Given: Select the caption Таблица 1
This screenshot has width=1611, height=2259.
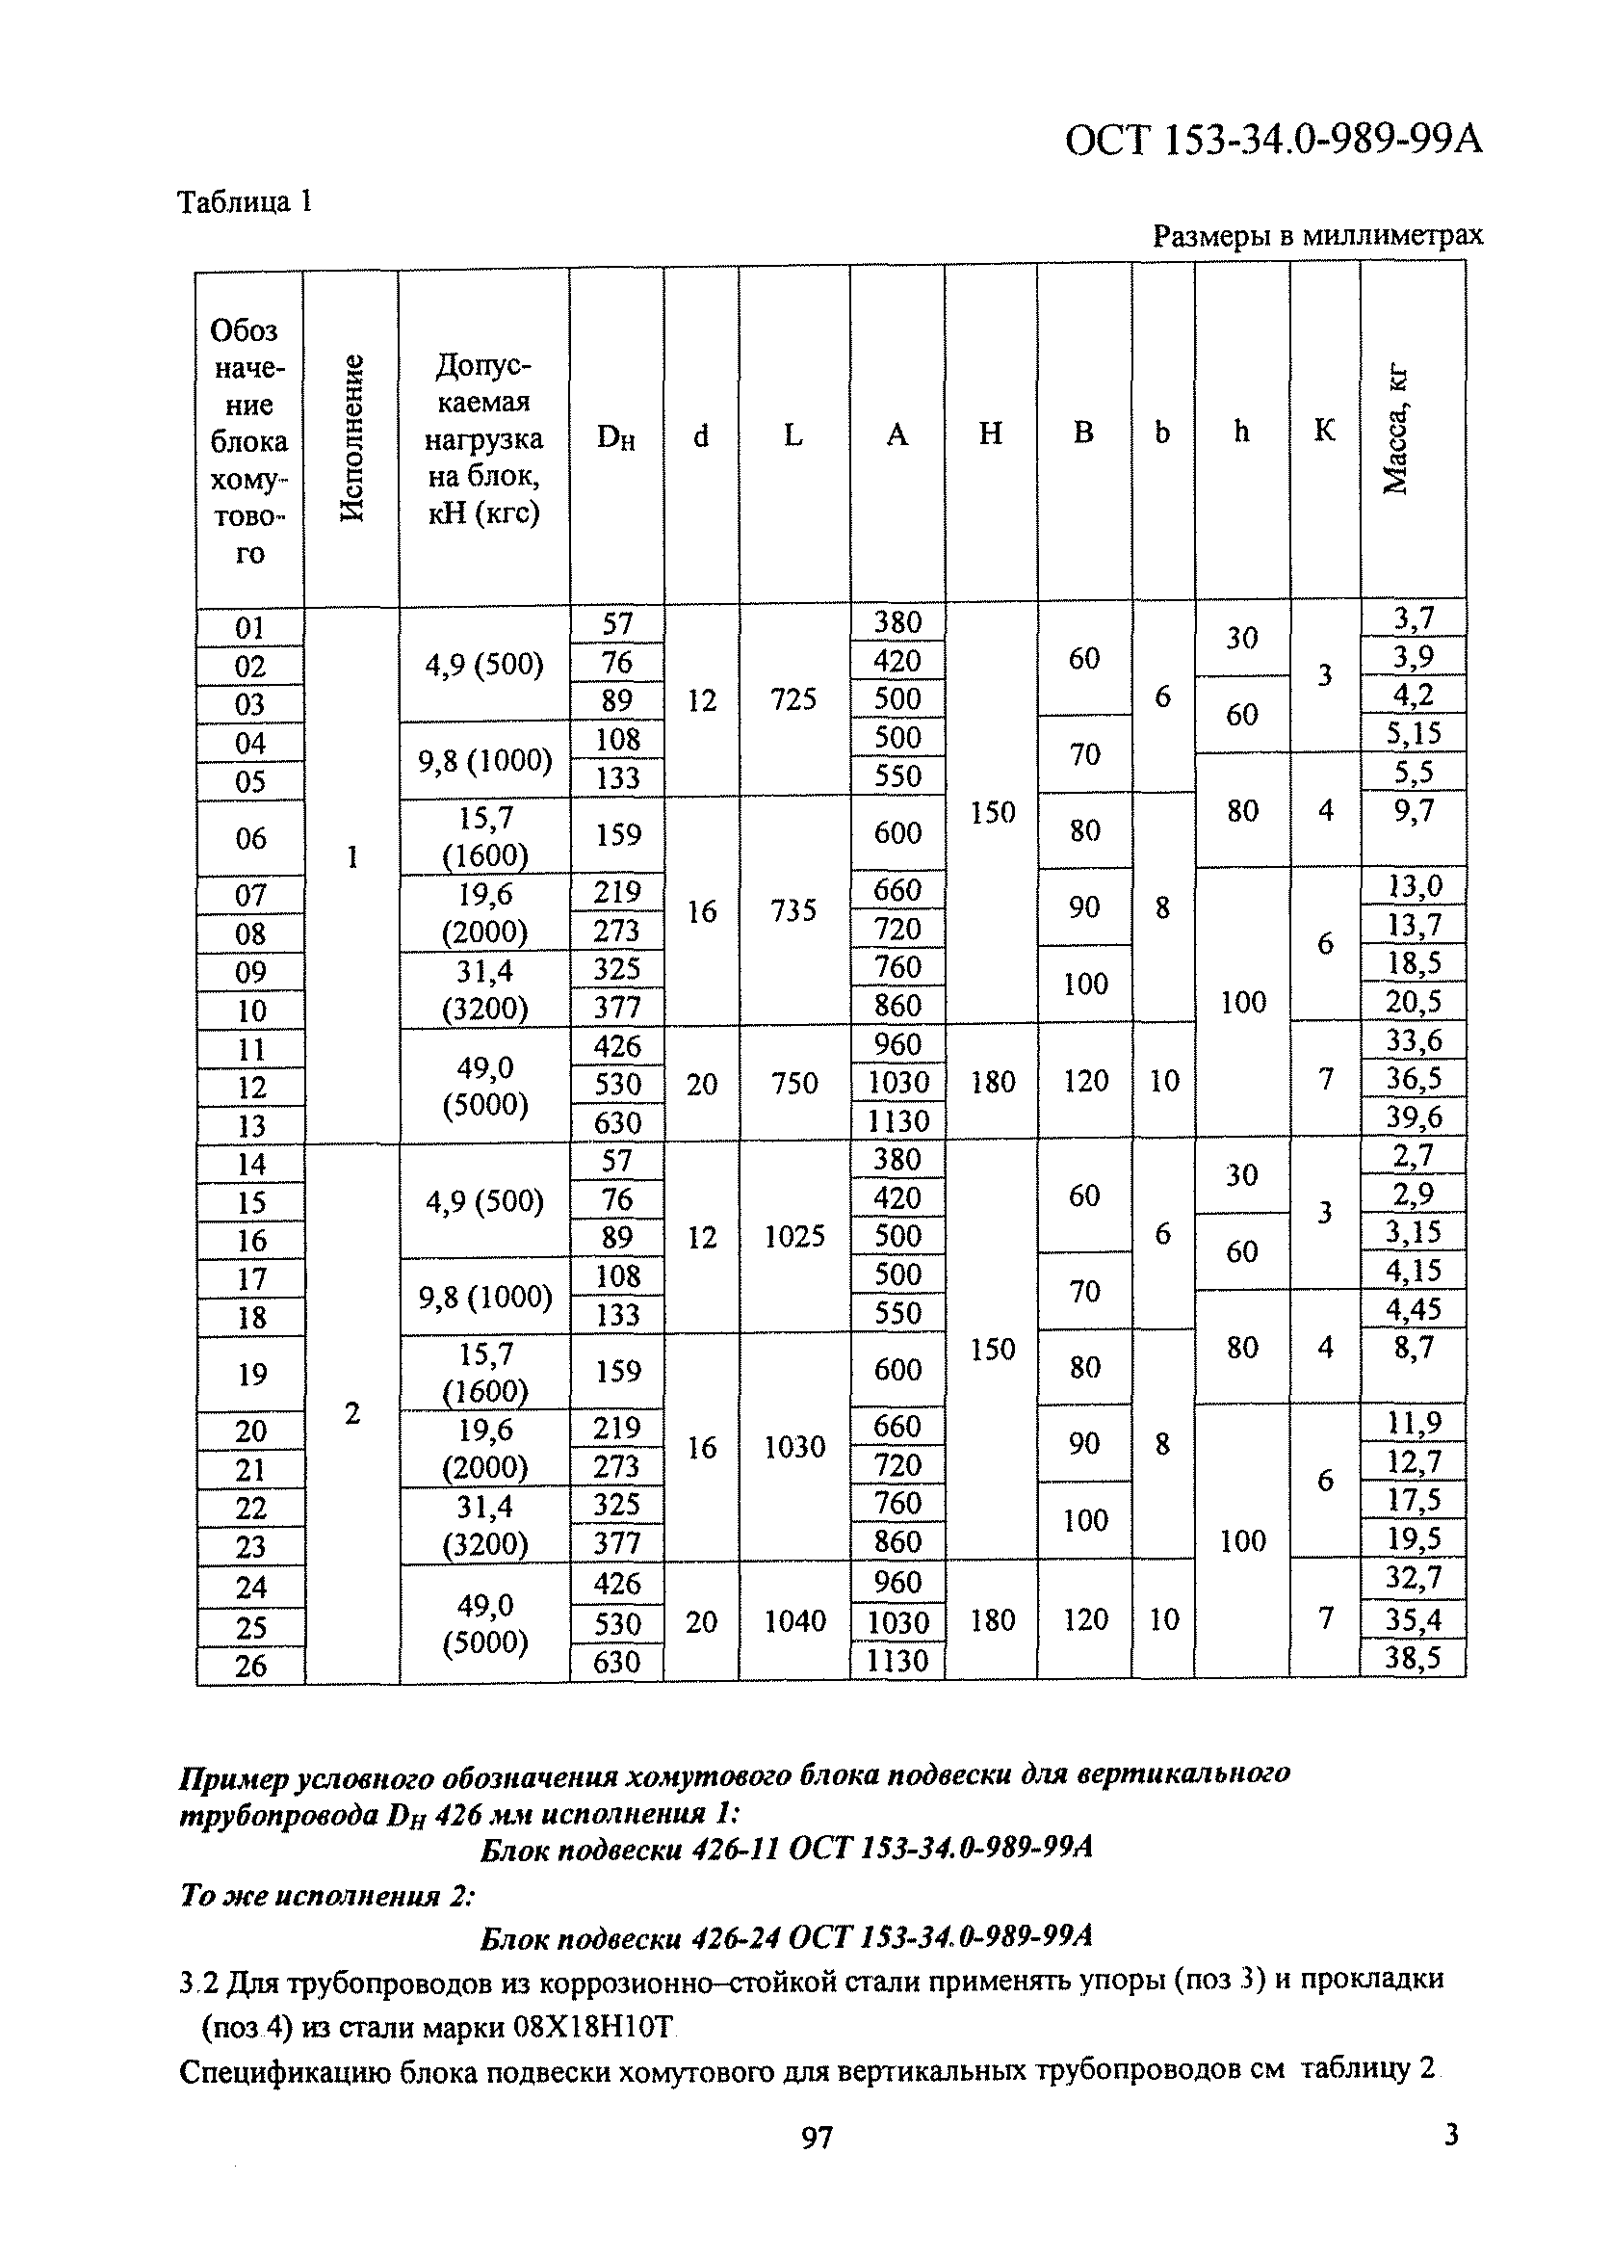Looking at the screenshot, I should (245, 202).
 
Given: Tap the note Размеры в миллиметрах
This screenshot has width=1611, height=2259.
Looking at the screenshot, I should (1317, 236).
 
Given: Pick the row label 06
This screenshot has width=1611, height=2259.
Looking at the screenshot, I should (251, 838).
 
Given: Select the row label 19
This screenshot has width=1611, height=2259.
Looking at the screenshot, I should (252, 1374).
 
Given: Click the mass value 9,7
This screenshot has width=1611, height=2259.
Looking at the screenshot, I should (1413, 811).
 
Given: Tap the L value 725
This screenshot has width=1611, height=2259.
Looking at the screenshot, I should (793, 700).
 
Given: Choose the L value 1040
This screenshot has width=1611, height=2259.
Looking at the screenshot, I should (794, 1621).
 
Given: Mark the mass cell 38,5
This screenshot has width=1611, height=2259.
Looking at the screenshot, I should (1413, 1658).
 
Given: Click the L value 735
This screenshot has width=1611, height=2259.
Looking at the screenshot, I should (793, 910).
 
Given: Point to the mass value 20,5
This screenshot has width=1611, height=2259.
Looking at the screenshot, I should (1413, 1003).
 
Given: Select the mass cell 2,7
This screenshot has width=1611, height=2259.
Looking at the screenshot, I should (1413, 1156).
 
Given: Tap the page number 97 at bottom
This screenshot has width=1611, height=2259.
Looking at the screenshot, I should (817, 2138).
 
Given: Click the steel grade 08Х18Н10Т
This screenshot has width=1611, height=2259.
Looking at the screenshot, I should (594, 2029).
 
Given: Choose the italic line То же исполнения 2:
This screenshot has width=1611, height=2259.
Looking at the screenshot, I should (327, 1896).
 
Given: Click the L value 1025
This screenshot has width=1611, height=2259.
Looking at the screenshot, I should (794, 1237).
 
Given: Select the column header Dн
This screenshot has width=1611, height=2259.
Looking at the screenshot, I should (616, 436).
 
